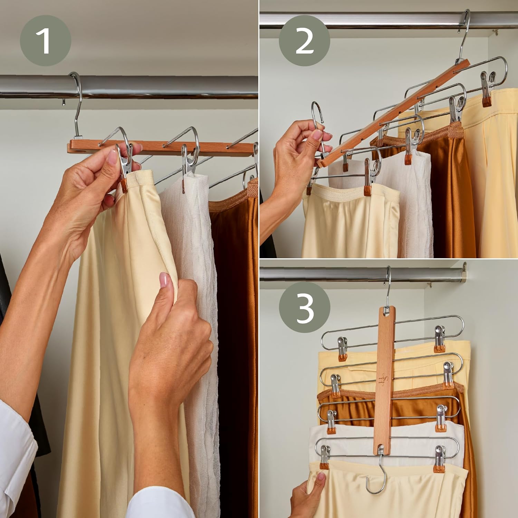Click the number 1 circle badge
pos(45,41)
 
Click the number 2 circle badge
pos(304,41)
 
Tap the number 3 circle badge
pos(305,308)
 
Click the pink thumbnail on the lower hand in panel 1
pos(164,280)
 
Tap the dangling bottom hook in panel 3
pos(376,480)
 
